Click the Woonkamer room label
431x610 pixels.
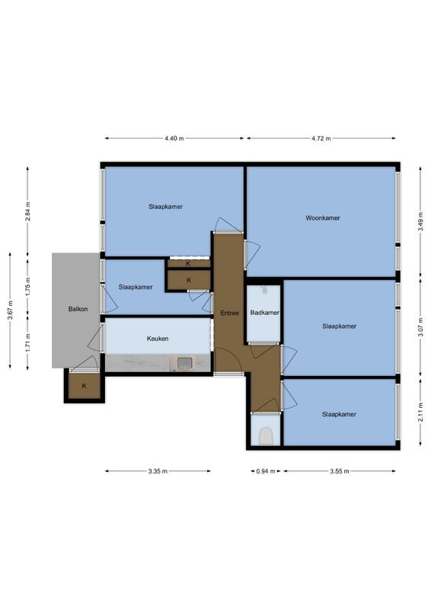point(322,218)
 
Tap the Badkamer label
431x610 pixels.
point(264,313)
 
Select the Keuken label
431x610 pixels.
point(158,339)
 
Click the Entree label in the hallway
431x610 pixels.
point(229,313)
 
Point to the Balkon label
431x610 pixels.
point(78,309)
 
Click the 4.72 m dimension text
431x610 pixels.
point(321,138)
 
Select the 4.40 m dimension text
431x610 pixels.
point(174,138)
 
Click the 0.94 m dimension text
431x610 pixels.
point(261,471)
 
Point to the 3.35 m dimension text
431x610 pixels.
point(158,471)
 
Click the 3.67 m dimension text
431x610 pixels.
point(10,310)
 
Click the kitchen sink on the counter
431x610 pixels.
point(184,363)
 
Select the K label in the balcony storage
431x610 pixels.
point(84,386)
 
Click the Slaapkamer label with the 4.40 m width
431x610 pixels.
point(165,207)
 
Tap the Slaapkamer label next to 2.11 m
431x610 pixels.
point(339,415)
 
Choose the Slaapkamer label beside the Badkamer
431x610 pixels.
point(339,326)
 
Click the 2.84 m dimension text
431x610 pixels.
point(28,211)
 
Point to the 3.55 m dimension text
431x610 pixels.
point(339,471)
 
